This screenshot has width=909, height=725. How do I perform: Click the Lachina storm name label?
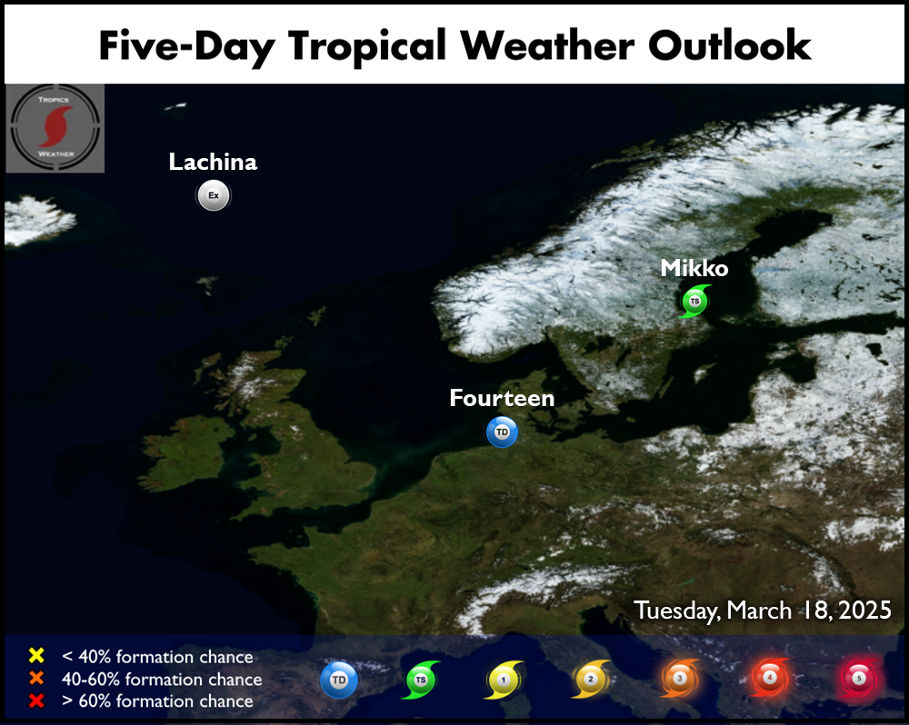[x=213, y=162]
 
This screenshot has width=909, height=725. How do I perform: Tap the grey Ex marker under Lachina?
[x=214, y=195]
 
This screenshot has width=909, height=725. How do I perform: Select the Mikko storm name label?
[x=694, y=268]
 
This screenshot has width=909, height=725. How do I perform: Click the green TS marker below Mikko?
[x=694, y=301]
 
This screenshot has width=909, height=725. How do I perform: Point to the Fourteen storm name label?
[x=502, y=398]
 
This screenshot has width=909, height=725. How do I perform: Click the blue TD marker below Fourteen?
[x=502, y=432]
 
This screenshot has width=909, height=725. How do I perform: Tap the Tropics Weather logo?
[x=55, y=128]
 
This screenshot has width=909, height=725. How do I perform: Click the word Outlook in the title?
[x=729, y=45]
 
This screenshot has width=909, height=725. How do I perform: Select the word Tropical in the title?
[x=367, y=46]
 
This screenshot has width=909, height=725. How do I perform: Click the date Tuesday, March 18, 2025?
[x=763, y=611]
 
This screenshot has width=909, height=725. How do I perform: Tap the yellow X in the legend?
[x=36, y=655]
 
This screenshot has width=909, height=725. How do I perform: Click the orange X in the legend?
[x=36, y=678]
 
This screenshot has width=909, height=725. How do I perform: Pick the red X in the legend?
[x=36, y=700]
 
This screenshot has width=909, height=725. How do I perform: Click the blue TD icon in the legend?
[x=339, y=680]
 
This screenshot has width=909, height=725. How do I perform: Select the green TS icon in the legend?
[x=421, y=680]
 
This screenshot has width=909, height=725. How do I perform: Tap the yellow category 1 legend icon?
[x=504, y=680]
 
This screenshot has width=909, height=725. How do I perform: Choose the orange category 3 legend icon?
[x=680, y=678]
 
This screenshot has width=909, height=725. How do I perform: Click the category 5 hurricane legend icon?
[x=859, y=678]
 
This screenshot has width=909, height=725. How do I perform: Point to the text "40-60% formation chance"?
[x=162, y=679]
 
